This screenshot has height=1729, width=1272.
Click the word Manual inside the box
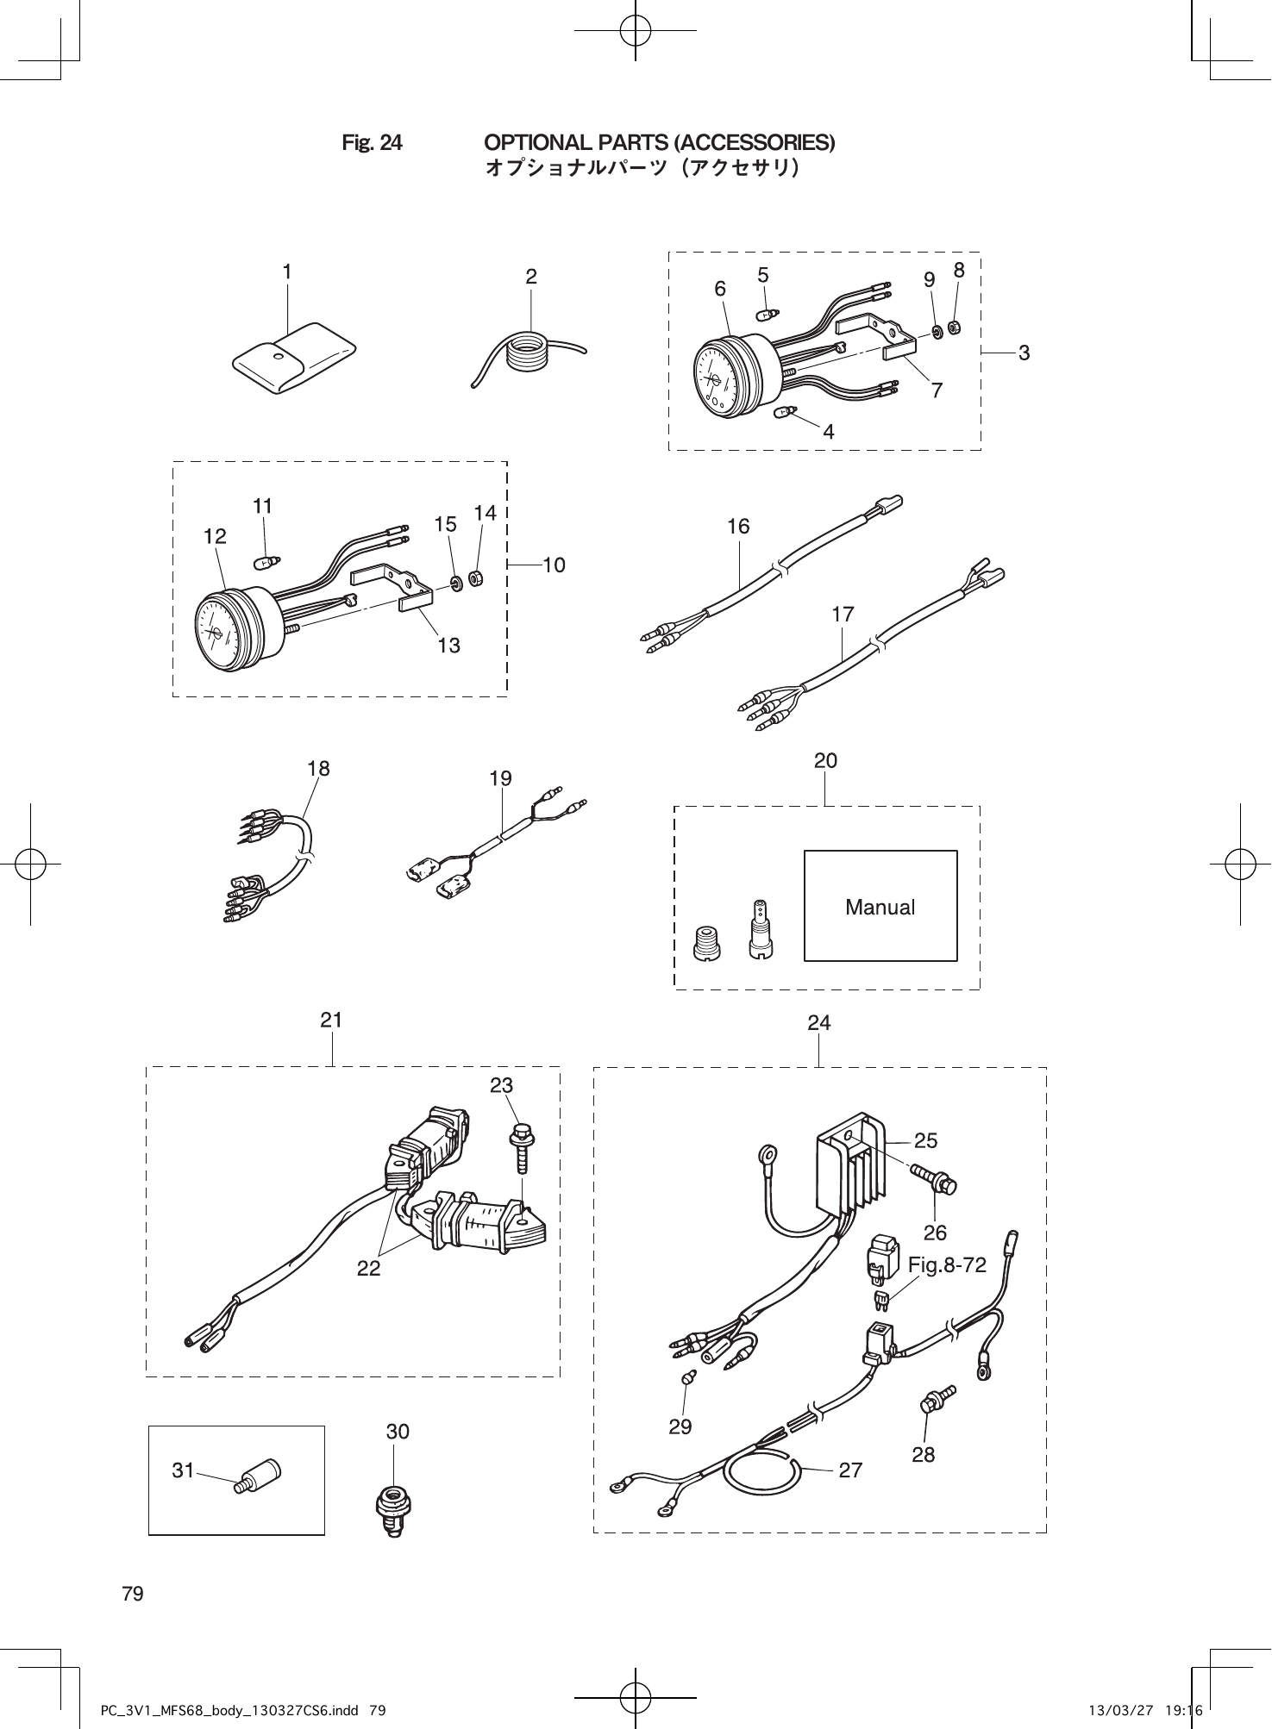[x=880, y=907]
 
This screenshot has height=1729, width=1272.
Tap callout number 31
[x=183, y=1470]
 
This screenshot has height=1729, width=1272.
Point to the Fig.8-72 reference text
[x=946, y=1264]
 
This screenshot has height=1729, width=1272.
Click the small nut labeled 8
[x=955, y=327]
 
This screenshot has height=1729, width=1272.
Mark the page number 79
[x=133, y=1594]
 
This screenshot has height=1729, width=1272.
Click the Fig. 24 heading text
[x=372, y=142]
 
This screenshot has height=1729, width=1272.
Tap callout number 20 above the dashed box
[x=825, y=760]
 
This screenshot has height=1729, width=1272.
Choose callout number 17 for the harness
[x=843, y=614]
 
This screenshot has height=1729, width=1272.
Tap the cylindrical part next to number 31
[x=260, y=1476]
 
